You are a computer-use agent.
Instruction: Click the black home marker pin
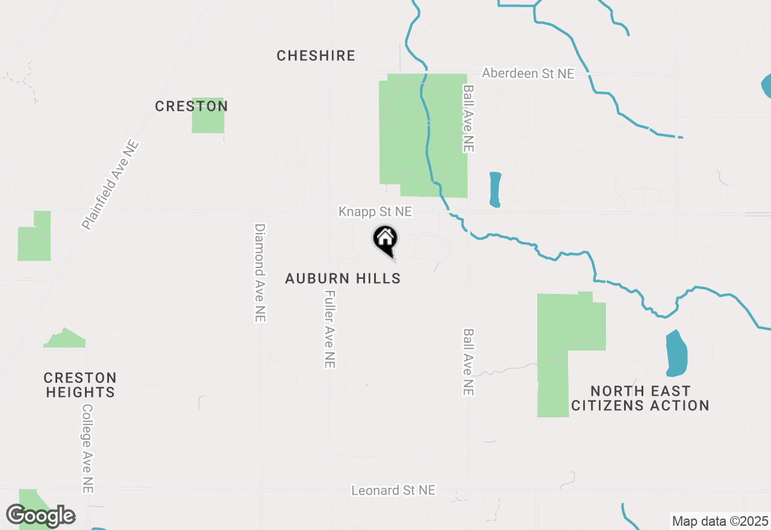(385, 240)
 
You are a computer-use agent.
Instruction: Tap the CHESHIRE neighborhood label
(316, 56)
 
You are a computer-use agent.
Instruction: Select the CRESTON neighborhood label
(192, 107)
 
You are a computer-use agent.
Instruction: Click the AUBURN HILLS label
(343, 278)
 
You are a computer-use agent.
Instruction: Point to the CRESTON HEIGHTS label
(80, 385)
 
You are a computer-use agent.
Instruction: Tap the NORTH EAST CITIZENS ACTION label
(640, 398)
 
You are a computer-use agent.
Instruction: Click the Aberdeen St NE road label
(528, 73)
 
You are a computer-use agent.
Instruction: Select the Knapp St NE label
(375, 212)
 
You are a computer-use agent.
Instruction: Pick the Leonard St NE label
(393, 490)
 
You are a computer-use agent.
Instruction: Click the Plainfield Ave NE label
(111, 185)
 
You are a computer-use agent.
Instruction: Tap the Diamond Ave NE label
(260, 273)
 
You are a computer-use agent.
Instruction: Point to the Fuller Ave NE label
(329, 329)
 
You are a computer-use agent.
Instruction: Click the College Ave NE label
(88, 448)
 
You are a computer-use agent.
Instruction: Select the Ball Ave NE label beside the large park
(469, 118)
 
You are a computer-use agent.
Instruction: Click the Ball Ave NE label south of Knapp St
(469, 362)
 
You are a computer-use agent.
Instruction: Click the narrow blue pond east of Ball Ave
(495, 190)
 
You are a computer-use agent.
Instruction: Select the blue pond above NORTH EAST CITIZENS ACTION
(676, 353)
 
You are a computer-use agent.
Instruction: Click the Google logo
(40, 516)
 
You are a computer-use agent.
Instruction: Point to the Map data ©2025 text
(720, 521)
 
